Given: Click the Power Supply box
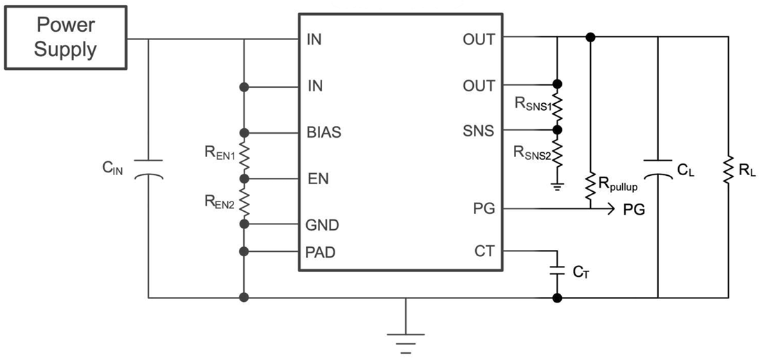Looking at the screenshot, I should [67, 38].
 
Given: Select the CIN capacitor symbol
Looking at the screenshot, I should [148, 169].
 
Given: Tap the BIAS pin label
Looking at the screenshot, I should [323, 132].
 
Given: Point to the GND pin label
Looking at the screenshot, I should [321, 225].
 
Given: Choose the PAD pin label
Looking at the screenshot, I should [321, 252].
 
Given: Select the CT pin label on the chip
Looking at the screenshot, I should [484, 251].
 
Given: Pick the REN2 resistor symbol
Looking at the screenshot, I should [244, 201].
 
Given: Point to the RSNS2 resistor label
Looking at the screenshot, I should [532, 152].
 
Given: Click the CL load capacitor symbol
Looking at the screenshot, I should [657, 169].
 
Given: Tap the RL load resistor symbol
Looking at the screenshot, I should [729, 169].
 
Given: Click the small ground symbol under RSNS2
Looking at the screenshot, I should [557, 185].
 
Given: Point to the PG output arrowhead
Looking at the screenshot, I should [610, 208].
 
